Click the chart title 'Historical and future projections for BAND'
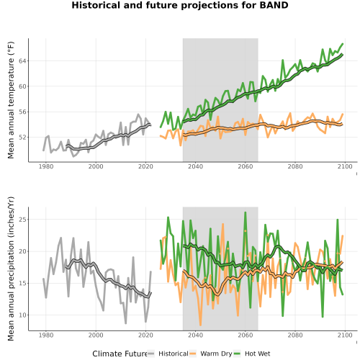(180, 5)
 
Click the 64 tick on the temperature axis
(22, 61)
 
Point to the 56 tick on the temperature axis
(22, 112)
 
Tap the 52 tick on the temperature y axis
(22, 138)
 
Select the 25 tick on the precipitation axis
(22, 220)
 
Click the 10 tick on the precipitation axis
(22, 315)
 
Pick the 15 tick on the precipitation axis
(22, 283)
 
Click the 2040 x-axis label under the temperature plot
(195, 166)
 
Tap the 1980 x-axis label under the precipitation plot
(46, 335)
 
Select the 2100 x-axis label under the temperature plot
(345, 166)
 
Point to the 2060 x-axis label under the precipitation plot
(246, 335)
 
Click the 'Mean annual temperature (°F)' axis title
(11, 100)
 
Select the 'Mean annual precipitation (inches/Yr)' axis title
(11, 269)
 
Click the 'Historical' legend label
(174, 354)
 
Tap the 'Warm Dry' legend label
(216, 354)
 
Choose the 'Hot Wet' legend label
(257, 354)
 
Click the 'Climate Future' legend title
(120, 354)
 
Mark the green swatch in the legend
(237, 354)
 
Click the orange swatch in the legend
(193, 354)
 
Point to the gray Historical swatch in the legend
(151, 354)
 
